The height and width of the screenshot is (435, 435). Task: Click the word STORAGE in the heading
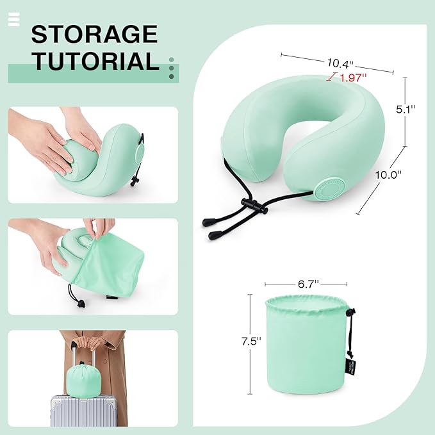click(94, 34)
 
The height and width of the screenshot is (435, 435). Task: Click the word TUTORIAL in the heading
click(95, 61)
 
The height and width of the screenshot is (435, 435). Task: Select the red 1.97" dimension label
click(352, 78)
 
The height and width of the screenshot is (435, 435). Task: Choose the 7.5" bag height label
click(250, 341)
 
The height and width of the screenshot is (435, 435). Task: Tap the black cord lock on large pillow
click(250, 206)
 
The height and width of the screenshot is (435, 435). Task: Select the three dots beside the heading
click(171, 68)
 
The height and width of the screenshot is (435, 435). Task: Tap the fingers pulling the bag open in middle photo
click(99, 227)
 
